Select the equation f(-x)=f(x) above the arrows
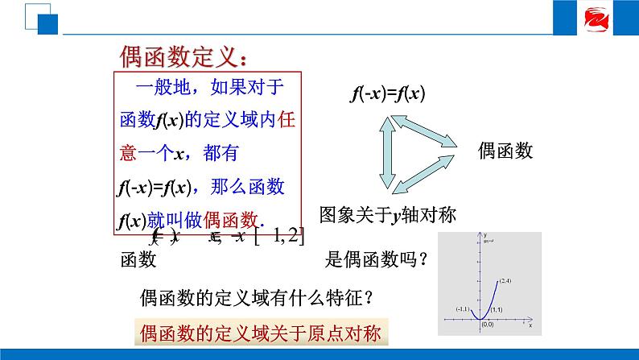click(x=388, y=93)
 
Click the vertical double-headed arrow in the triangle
click(x=393, y=150)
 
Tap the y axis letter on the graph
click(x=484, y=235)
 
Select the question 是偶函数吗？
click(x=375, y=259)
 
